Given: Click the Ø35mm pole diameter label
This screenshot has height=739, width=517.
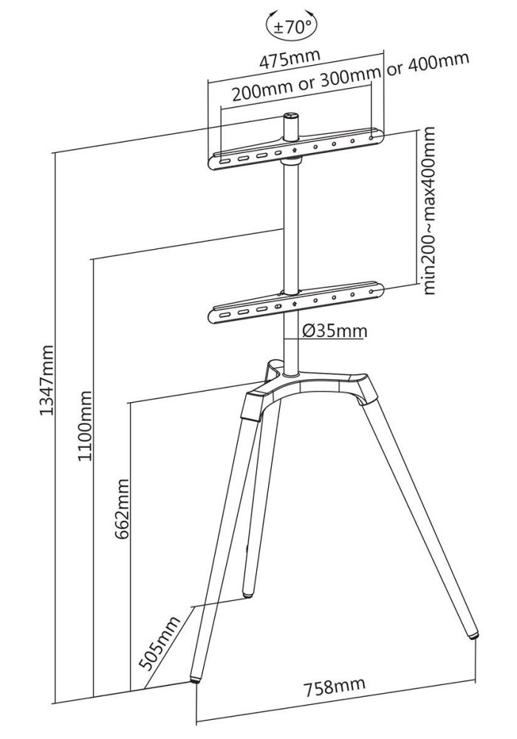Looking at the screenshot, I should [x=335, y=330].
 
